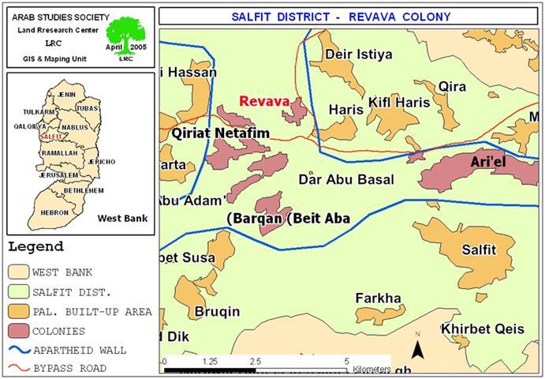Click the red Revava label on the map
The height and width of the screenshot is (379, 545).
[x=264, y=102]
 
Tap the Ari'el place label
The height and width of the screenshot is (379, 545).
[x=492, y=162]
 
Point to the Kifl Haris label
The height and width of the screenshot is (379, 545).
[x=399, y=103]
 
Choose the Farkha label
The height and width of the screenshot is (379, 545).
[x=378, y=298]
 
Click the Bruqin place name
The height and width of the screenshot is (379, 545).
[x=218, y=312]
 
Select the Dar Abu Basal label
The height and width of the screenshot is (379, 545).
[x=346, y=180]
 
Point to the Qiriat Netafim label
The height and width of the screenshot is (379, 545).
[x=220, y=134]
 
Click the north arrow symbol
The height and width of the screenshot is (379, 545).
[x=418, y=346]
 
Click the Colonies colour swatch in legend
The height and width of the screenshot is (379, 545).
[x=19, y=331]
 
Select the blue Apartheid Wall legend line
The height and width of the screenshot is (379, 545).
[x=19, y=350]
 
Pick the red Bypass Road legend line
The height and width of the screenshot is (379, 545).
[x=19, y=368]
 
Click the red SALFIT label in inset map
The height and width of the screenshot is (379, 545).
[x=50, y=137]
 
